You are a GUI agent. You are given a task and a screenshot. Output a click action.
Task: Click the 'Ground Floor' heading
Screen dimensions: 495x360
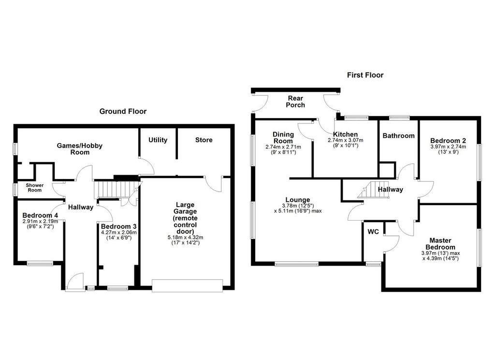click(123, 111)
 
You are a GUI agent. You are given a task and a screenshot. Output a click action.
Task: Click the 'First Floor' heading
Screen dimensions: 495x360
click(365, 75)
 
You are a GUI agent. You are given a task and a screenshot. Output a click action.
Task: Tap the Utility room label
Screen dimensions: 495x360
click(158, 140)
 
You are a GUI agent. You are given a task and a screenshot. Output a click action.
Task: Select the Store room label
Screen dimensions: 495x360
click(204, 140)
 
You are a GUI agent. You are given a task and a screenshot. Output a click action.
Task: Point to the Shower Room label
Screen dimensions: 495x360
click(35, 187)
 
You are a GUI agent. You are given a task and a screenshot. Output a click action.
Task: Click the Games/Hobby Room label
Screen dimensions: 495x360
click(80, 149)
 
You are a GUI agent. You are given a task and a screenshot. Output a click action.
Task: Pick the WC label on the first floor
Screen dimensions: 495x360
click(373, 232)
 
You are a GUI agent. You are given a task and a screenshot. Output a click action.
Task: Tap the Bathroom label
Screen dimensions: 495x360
click(398, 135)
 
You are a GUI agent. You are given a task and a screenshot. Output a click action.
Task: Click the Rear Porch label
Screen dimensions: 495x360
click(295, 102)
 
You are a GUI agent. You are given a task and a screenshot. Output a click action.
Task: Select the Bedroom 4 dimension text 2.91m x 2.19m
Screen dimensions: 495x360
click(40, 222)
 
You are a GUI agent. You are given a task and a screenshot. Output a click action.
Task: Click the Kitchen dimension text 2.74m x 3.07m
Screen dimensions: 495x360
click(345, 140)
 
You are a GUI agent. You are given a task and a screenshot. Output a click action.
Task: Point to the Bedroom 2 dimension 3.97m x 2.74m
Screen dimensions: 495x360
click(448, 147)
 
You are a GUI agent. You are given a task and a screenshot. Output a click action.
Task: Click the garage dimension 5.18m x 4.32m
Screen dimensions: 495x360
click(185, 238)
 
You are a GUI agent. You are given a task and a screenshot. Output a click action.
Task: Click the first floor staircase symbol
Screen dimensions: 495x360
click(373, 190)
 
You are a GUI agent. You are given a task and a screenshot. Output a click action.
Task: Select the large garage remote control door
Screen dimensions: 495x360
click(187, 285)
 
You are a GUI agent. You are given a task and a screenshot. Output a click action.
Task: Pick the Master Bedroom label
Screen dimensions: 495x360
click(440, 244)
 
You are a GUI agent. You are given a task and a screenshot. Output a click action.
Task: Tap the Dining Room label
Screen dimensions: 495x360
click(283, 138)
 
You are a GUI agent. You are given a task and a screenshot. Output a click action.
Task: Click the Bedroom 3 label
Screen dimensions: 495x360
click(119, 226)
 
